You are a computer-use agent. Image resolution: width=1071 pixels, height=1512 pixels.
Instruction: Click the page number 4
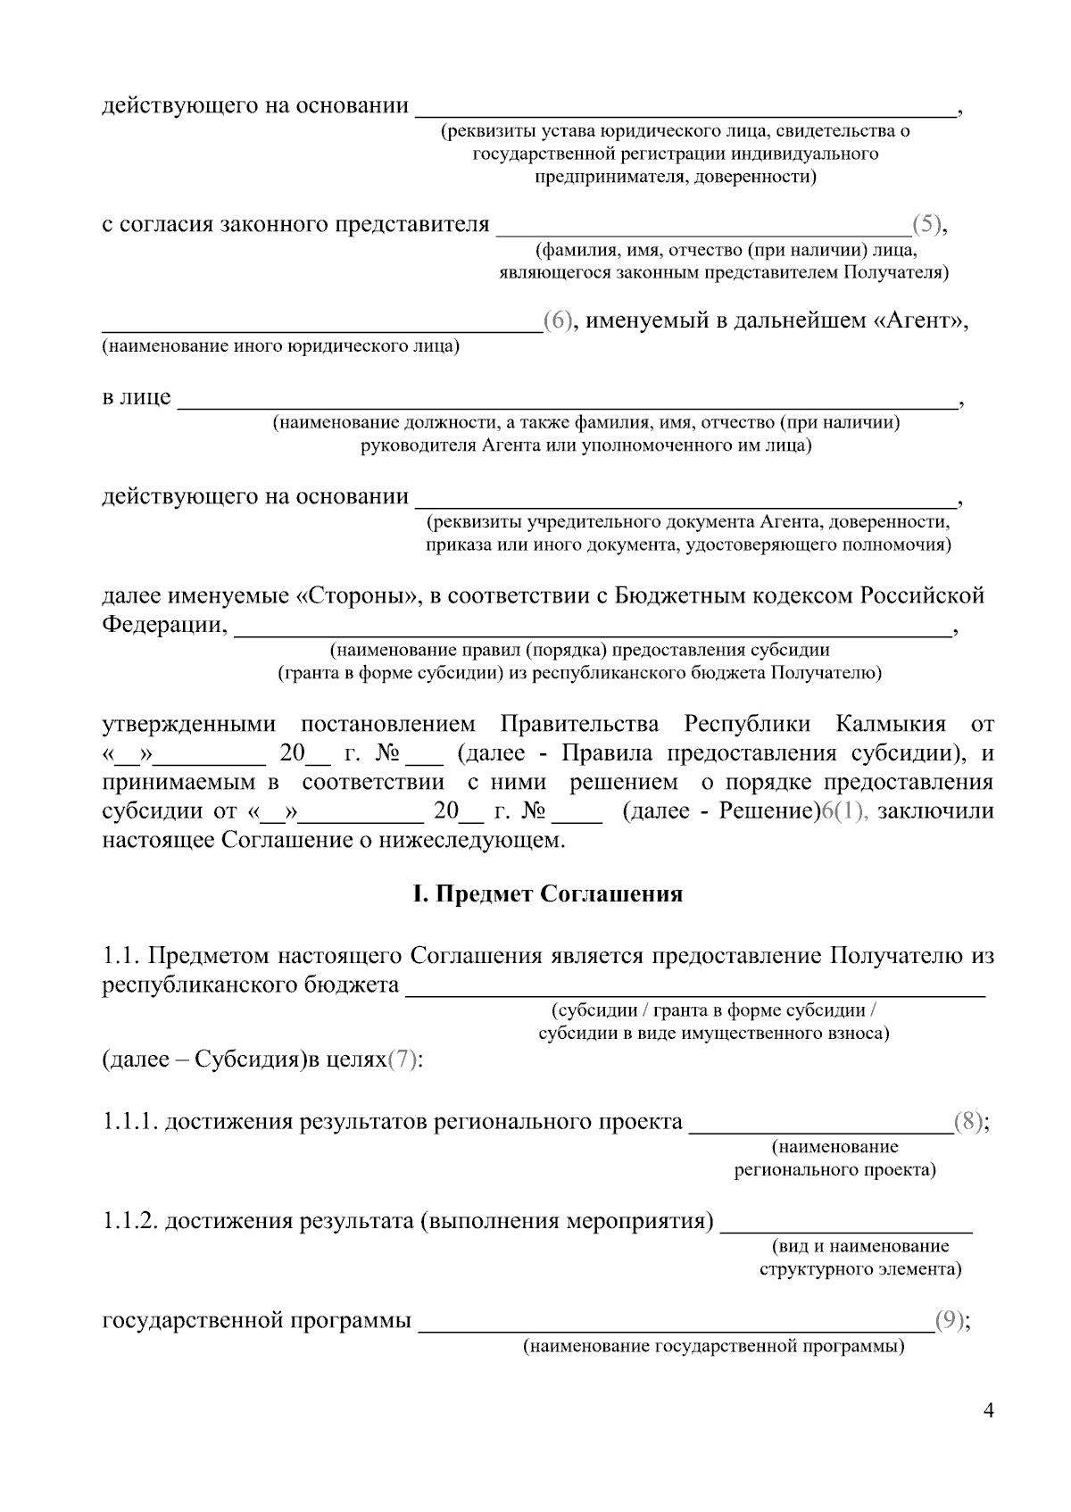pos(987,1410)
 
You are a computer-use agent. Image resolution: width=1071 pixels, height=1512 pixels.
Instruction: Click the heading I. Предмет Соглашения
pos(547,893)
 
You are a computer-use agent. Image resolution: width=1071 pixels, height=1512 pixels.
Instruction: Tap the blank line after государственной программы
pos(676,1325)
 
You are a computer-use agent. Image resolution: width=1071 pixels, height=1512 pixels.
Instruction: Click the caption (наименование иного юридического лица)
pos(280,345)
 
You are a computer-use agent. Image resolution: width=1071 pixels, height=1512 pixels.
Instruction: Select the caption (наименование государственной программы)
pos(713,1346)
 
